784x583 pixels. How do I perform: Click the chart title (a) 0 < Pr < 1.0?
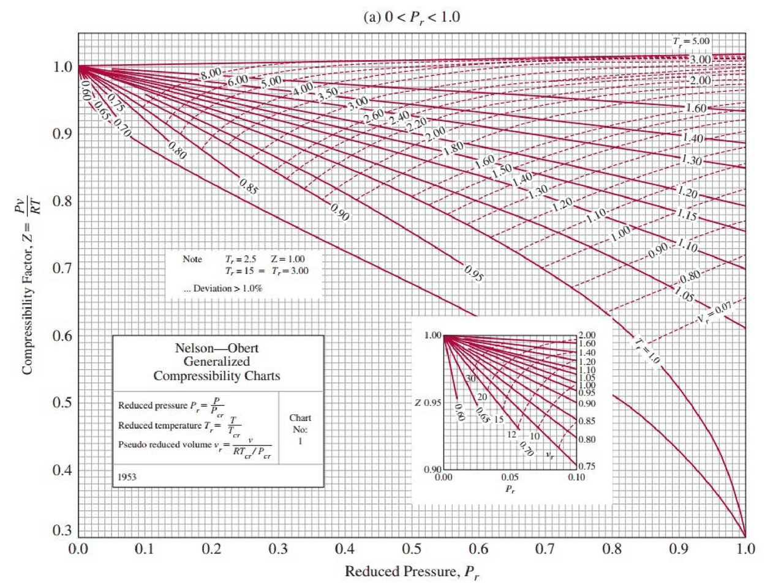point(412,17)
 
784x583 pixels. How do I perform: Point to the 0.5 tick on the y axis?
point(62,403)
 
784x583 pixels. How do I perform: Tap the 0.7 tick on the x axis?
point(545,549)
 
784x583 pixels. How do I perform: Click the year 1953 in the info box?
point(127,477)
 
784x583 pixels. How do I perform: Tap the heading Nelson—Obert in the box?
point(217,348)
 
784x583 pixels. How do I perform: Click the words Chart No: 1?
point(300,429)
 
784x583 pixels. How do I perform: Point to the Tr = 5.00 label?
point(691,41)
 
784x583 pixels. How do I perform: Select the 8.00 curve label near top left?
point(211,73)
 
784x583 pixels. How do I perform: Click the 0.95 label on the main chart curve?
point(473,273)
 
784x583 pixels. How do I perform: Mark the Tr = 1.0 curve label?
point(647,351)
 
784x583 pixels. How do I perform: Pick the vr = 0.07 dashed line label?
point(714,312)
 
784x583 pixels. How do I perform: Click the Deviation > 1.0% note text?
point(223,288)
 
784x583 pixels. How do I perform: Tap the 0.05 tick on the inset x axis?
point(510,477)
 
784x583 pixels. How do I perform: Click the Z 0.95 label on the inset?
point(428,403)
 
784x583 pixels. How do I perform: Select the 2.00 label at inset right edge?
point(587,335)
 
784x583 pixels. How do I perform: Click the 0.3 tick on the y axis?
point(62,530)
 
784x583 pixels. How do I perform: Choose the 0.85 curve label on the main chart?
point(249,187)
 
